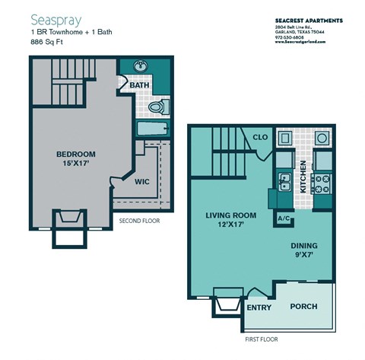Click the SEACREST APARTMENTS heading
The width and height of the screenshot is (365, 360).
[308, 20]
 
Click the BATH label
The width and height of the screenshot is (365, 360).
[139, 85]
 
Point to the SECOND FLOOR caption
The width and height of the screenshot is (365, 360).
[139, 221]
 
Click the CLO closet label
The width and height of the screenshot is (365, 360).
[259, 139]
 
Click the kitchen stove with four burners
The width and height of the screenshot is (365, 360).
[322, 184]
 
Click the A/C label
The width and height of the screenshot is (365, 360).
[284, 218]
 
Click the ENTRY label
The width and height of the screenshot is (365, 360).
[259, 307]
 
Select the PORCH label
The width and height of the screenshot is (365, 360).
[304, 307]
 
